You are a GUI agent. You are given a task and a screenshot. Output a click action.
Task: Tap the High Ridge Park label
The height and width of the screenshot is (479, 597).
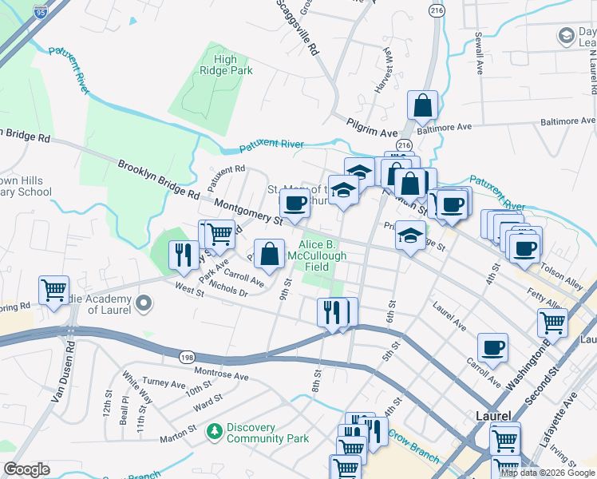point(225,65)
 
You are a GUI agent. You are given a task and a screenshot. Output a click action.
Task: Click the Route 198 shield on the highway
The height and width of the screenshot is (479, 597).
point(185,358)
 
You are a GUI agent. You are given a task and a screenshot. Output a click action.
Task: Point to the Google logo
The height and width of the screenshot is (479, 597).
point(26,469)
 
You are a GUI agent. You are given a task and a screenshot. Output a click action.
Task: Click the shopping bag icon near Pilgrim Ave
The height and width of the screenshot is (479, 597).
point(422,105)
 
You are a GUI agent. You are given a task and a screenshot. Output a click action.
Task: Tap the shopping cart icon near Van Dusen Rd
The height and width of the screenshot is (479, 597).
point(53,291)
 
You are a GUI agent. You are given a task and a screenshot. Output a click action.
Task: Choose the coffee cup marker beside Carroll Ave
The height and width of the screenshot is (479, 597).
point(492,348)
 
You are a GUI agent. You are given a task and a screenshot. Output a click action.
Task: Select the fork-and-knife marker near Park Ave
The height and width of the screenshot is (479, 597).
point(184,255)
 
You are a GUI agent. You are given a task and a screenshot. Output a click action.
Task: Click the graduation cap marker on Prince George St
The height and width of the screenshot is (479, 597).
point(410,236)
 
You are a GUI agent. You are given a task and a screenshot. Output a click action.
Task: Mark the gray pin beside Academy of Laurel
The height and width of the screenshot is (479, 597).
point(144,303)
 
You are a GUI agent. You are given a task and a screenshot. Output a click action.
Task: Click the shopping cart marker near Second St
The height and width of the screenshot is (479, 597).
point(552,323)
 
